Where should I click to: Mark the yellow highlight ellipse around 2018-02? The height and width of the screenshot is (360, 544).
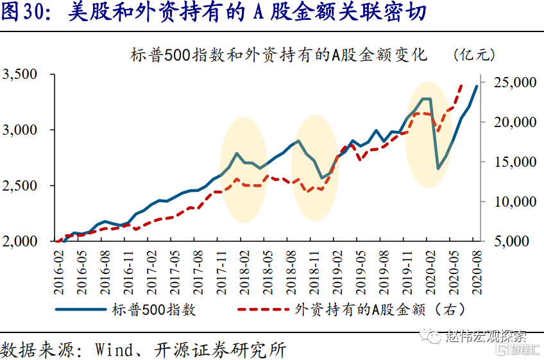click(243, 169)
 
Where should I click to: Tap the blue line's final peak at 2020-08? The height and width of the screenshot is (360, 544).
click(477, 86)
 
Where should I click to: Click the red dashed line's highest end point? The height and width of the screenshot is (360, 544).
click(461, 84)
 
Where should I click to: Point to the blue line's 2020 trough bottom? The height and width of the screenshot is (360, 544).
click(438, 169)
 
